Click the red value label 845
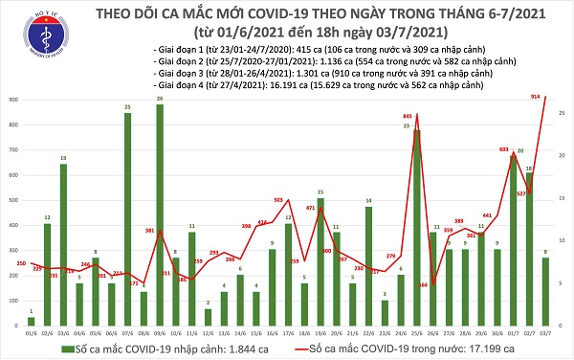tap(408, 116)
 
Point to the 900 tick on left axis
tap(11, 100)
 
